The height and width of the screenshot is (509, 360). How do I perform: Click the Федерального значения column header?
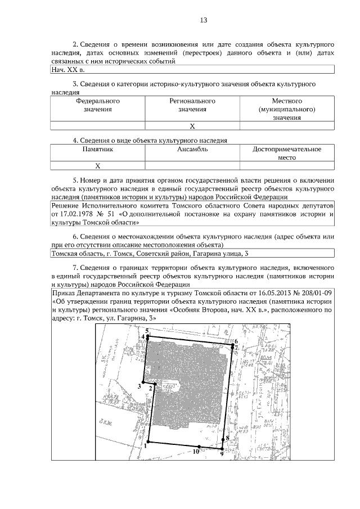(98, 105)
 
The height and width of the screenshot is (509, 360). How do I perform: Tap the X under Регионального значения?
(192, 126)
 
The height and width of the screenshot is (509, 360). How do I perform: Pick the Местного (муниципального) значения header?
(286, 109)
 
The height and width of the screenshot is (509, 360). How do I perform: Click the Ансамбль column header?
(192, 150)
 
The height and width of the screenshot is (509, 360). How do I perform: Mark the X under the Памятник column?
(98, 166)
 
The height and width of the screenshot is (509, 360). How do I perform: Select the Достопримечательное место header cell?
(286, 154)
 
